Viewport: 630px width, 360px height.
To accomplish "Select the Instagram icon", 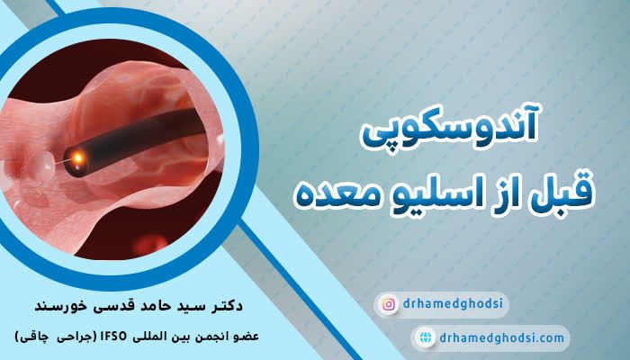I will [389, 305].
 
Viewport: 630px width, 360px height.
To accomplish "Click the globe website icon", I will [425, 338].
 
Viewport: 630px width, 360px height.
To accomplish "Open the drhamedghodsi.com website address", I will [503, 338].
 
